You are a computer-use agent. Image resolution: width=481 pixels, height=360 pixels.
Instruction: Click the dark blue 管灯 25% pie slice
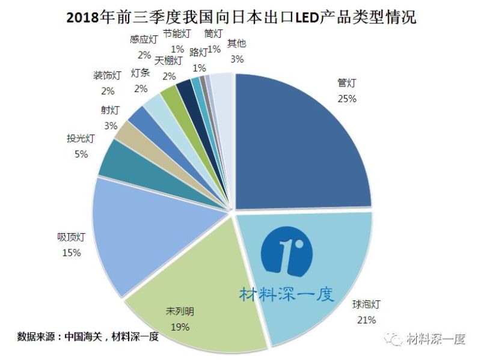coord(301,144)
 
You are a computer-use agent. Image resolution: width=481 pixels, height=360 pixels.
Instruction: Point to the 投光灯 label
coord(81,139)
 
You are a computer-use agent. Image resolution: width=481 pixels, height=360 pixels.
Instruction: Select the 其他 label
coord(237,44)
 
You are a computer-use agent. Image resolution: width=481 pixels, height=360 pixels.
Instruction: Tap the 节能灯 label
coord(177,34)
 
